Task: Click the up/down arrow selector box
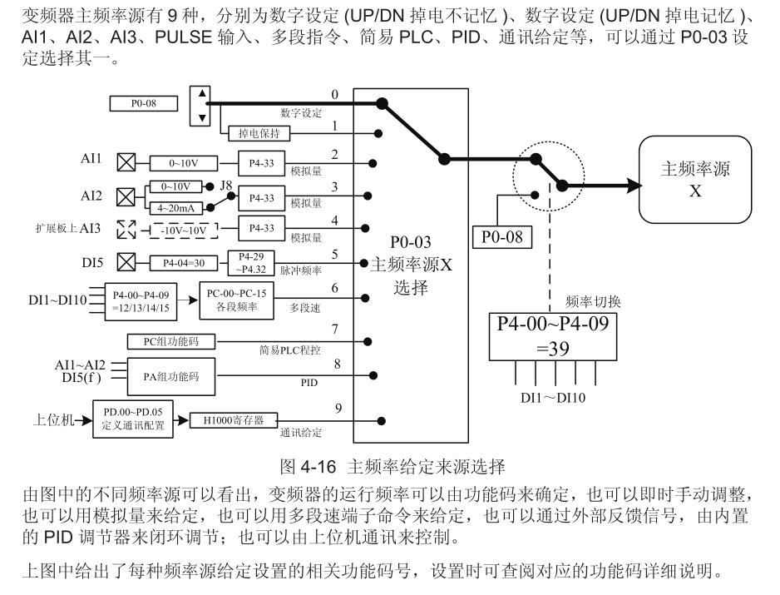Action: click(x=200, y=105)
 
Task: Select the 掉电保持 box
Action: click(x=254, y=132)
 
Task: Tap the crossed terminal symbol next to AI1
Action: click(x=127, y=162)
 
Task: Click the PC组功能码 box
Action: click(x=170, y=340)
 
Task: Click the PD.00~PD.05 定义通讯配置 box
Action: click(x=135, y=418)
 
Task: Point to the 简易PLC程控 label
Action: click(x=294, y=350)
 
